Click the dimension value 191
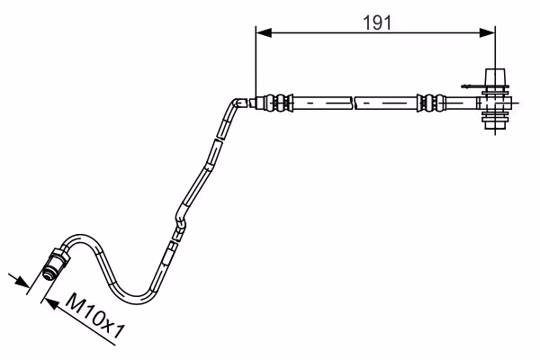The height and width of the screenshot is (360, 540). coord(377,23)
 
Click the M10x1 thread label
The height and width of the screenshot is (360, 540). coord(94,316)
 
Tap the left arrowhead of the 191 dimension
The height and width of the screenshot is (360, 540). coord(264,33)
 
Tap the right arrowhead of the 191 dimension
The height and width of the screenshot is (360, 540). coord(487,33)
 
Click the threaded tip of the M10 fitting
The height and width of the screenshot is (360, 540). coord(48,274)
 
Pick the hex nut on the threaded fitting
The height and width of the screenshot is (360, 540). coord(61,256)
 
